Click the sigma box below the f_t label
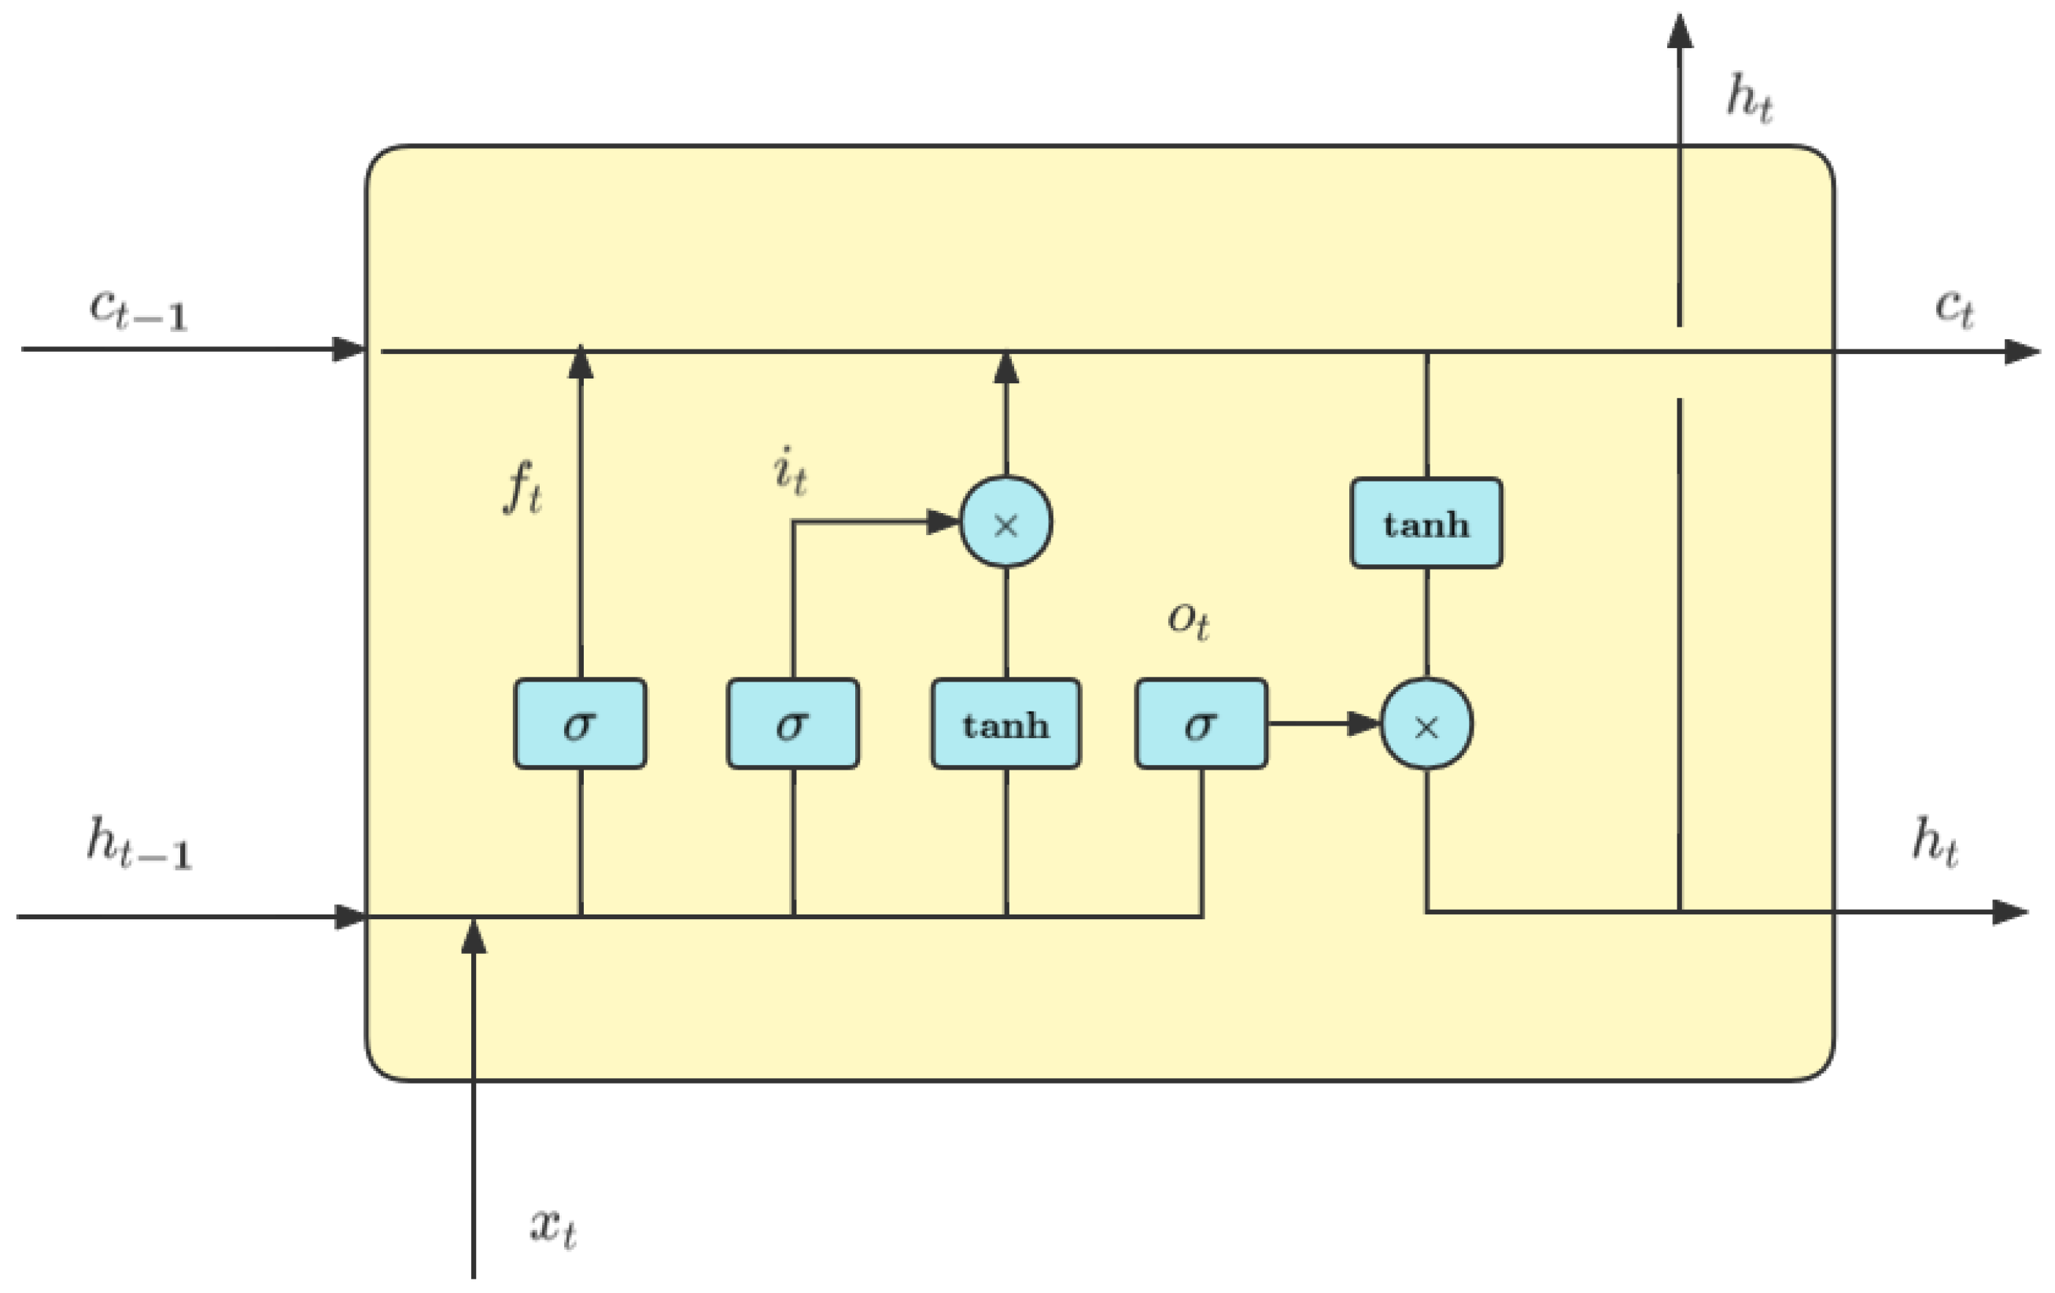click(581, 724)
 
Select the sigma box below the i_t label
click(793, 724)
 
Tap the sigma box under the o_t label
click(1201, 724)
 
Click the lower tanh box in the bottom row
click(1005, 724)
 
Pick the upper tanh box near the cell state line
click(1426, 523)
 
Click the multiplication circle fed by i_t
click(1005, 522)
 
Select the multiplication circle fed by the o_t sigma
click(1426, 724)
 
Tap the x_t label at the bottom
click(553, 1228)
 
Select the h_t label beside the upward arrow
click(1750, 98)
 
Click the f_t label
click(522, 488)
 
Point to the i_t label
click(789, 472)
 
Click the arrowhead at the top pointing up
click(1680, 31)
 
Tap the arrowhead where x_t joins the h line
click(474, 937)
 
